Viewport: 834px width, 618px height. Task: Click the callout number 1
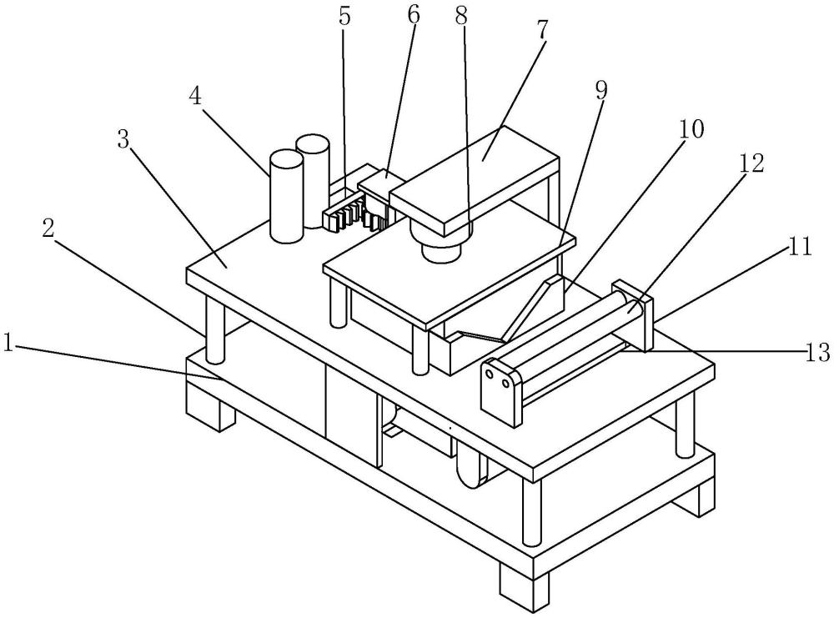[x=8, y=343]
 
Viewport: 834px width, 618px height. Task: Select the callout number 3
[x=124, y=139]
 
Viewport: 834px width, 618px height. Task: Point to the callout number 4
[x=196, y=96]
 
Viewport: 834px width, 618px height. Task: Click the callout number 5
[x=344, y=17]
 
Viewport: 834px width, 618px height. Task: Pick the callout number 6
[x=414, y=15]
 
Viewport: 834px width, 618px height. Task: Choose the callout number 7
[x=541, y=30]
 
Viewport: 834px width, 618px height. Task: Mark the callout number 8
[x=461, y=16]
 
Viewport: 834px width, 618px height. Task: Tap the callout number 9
[x=600, y=91]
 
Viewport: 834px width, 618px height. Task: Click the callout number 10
[x=691, y=128]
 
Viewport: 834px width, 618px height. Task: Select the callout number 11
[x=800, y=247]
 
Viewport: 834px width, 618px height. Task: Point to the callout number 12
[x=751, y=163]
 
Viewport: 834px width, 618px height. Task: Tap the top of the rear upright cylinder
[x=313, y=143]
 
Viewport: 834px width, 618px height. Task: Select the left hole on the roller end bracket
[x=490, y=374]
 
